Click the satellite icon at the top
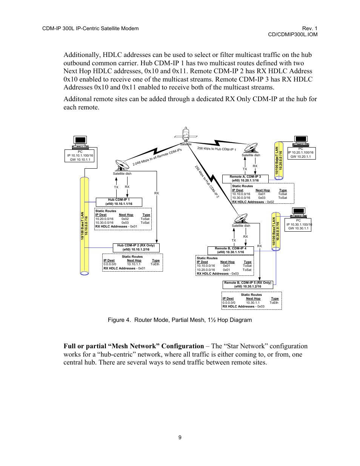(x=186, y=134)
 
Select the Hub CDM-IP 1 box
(x=119, y=202)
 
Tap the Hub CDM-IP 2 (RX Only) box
(x=136, y=248)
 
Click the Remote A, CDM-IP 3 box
(x=245, y=178)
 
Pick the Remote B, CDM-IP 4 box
(x=231, y=250)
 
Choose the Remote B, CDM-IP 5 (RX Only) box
(x=248, y=285)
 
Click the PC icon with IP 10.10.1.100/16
(x=80, y=142)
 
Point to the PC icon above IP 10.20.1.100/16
(x=301, y=141)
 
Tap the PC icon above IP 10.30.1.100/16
(x=298, y=212)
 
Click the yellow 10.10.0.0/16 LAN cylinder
(x=85, y=226)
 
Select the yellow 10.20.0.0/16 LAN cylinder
(x=278, y=160)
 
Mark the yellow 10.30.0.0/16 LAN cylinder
(x=276, y=231)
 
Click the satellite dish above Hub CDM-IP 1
(x=122, y=165)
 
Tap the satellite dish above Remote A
(x=251, y=148)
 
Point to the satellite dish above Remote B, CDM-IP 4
(x=241, y=218)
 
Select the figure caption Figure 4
(x=180, y=320)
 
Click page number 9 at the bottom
(x=180, y=437)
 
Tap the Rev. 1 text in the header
(x=309, y=28)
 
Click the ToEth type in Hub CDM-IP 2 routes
(x=155, y=264)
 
